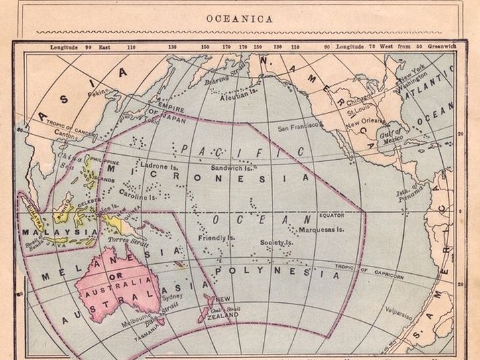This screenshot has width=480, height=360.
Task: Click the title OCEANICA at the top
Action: [x=239, y=19]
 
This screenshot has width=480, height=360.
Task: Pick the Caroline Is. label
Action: [x=137, y=197]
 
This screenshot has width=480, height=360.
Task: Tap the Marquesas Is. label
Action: [x=321, y=230]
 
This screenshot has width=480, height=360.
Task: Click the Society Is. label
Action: [x=276, y=243]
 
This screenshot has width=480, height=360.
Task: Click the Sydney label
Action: [x=172, y=296]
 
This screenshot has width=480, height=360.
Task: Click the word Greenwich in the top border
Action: [x=442, y=47]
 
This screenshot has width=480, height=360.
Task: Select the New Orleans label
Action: [x=365, y=122]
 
